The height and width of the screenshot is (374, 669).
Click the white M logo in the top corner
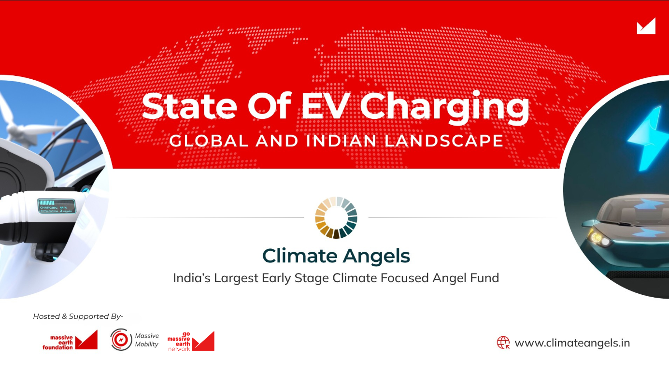(x=646, y=26)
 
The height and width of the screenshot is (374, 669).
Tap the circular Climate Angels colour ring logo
(x=336, y=217)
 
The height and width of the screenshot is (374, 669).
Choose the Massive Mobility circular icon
(x=120, y=340)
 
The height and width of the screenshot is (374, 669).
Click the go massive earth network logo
(x=190, y=341)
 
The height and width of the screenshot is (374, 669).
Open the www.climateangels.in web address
(x=572, y=343)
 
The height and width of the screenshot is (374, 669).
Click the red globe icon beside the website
(x=503, y=343)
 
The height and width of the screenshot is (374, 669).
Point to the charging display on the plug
(x=57, y=206)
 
